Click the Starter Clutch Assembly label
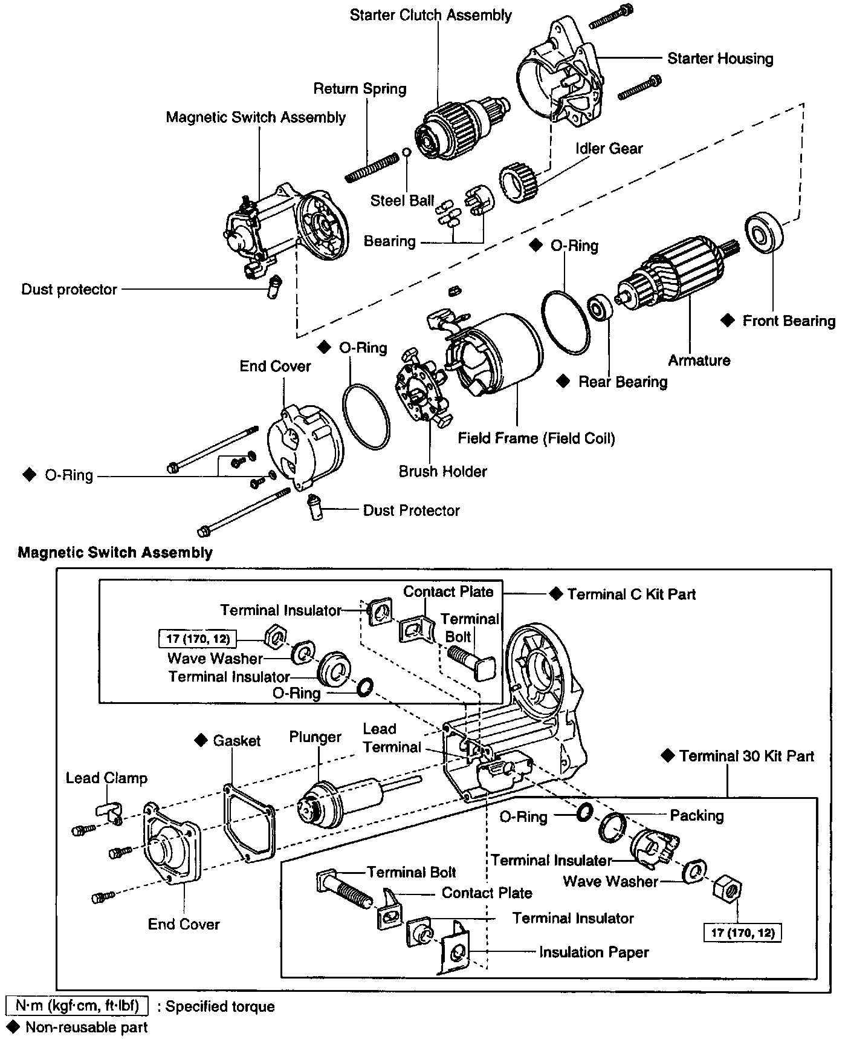tap(430, 15)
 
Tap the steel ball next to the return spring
tap(406, 151)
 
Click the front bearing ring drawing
tap(763, 232)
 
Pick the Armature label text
tap(699, 360)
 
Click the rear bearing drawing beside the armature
tap(600, 308)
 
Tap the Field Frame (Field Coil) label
tap(536, 438)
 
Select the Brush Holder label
tap(442, 471)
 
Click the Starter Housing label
tap(720, 59)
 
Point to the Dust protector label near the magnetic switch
tap(69, 289)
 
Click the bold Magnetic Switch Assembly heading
tap(115, 552)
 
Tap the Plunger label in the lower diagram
tap(315, 737)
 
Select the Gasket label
tap(236, 740)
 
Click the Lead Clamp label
tap(106, 778)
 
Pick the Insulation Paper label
tap(594, 953)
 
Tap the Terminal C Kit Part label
tap(631, 594)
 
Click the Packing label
tap(696, 815)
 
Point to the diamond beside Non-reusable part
tap(13, 1026)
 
